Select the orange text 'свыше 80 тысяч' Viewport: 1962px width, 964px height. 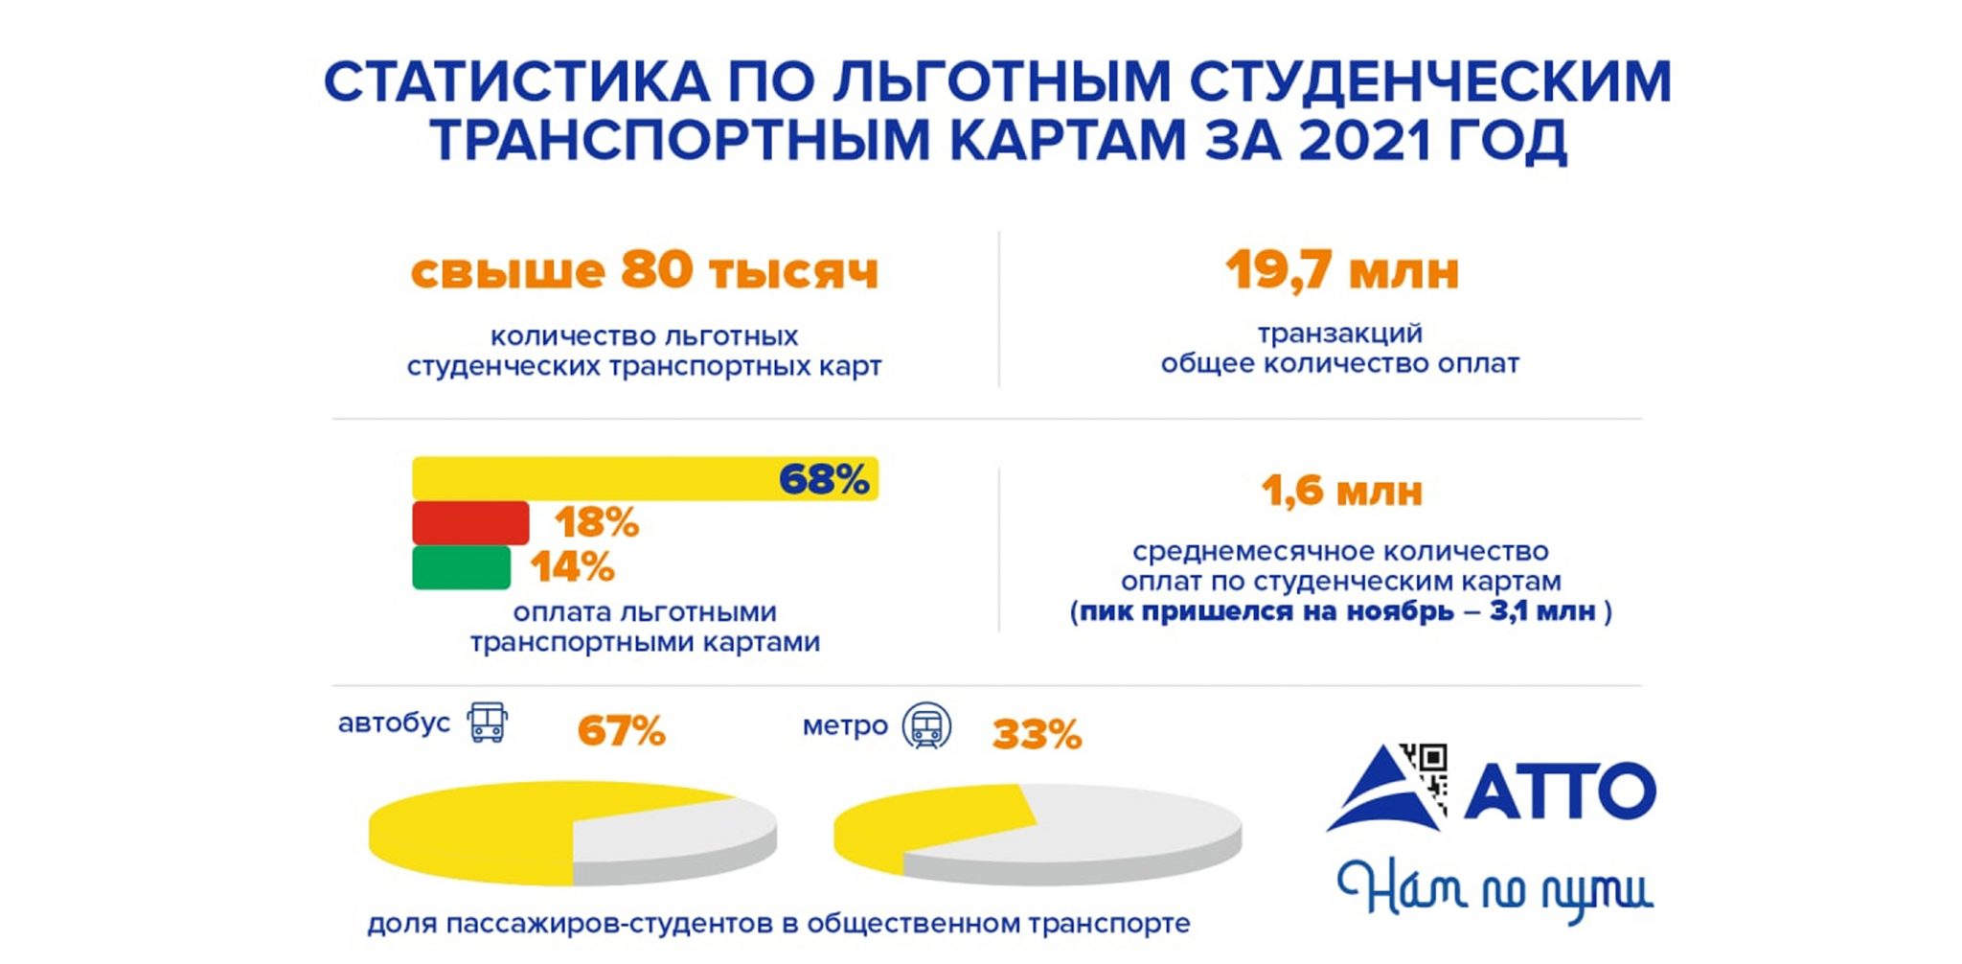(644, 270)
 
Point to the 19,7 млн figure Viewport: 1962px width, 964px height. (1341, 270)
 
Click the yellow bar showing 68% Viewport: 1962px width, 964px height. (594, 478)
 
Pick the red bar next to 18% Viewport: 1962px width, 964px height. (470, 522)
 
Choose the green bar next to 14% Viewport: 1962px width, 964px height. (461, 567)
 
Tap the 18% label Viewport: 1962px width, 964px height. (596, 523)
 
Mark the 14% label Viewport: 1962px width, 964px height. (572, 567)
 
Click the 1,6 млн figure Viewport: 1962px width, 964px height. (1341, 492)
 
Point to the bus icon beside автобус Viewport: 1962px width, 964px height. (487, 723)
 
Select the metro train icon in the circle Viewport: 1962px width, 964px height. (926, 725)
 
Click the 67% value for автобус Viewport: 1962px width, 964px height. (621, 732)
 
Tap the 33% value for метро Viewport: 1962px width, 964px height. (1037, 735)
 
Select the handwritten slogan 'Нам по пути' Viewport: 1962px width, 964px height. (1494, 889)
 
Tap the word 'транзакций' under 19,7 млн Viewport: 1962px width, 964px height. (1339, 333)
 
